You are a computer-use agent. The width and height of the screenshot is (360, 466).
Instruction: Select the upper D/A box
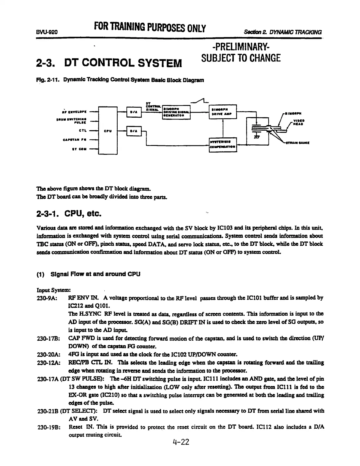click(x=134, y=112)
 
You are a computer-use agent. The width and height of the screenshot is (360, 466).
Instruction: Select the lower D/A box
click(x=134, y=131)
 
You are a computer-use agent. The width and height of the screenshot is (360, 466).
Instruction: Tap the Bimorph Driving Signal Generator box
click(x=176, y=112)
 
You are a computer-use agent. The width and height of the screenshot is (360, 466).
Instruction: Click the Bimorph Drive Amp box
click(x=222, y=112)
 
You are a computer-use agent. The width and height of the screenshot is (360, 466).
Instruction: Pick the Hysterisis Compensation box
click(x=222, y=144)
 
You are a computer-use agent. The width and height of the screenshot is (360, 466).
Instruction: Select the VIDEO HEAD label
click(x=298, y=122)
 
